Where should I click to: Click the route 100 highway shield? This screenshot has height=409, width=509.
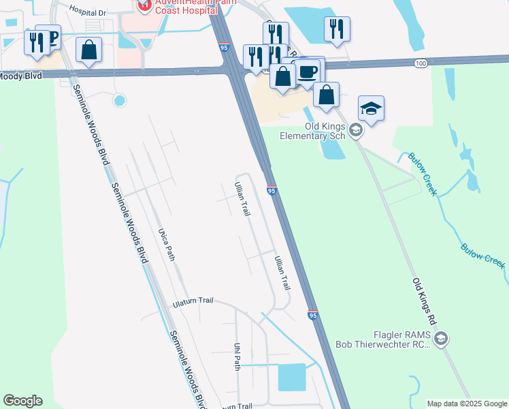tap(421, 63)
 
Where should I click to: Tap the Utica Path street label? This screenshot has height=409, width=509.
tap(167, 243)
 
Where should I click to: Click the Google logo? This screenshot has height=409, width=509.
tap(22, 401)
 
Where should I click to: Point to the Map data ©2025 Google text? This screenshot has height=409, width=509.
tap(467, 404)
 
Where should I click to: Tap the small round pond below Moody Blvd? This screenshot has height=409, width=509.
tap(120, 101)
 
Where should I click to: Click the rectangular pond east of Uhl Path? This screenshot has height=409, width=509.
tap(292, 377)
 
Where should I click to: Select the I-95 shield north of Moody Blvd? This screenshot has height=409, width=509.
tap(225, 46)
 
